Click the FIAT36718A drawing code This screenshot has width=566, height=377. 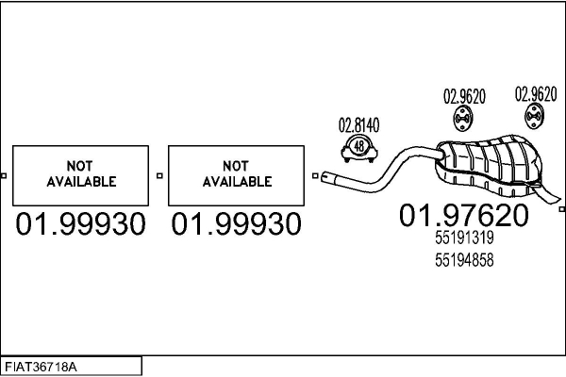(x=41, y=368)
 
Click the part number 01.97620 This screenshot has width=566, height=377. (x=464, y=215)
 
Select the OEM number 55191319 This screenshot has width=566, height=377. (x=464, y=238)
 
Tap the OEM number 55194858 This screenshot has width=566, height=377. (x=464, y=260)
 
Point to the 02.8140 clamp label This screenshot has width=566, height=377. (x=358, y=125)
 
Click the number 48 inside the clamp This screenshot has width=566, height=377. (x=359, y=146)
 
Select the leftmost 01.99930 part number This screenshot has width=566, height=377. (x=80, y=223)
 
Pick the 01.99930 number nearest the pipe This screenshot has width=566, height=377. (x=236, y=223)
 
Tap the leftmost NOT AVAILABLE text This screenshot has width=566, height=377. (x=81, y=173)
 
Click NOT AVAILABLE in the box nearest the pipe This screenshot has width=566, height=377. (x=237, y=173)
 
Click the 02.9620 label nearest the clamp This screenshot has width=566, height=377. (x=464, y=96)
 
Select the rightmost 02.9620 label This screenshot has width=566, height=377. (x=536, y=94)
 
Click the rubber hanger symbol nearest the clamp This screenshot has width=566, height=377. (x=463, y=118)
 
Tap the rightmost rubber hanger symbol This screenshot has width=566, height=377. (x=534, y=116)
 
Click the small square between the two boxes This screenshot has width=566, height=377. (x=159, y=175)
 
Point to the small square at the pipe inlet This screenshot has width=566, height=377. (x=315, y=175)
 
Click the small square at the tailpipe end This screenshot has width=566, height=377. (x=561, y=209)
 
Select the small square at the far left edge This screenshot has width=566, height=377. (x=4, y=175)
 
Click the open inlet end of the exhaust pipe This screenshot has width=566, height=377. (x=325, y=177)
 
